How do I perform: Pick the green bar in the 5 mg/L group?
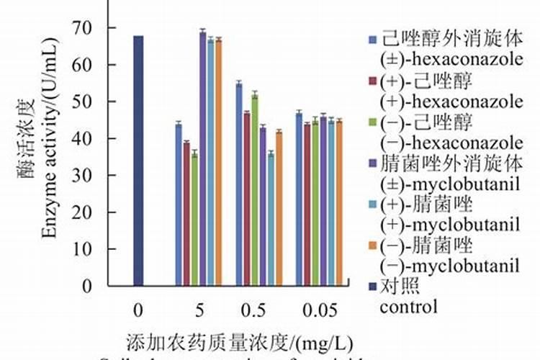tap(194, 220)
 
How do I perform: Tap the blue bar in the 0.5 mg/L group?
tap(239, 184)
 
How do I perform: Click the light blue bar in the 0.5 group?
tap(271, 220)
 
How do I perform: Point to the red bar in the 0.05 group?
tap(307, 205)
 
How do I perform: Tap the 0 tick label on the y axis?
tap(88, 286)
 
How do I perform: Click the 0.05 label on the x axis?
tap(320, 310)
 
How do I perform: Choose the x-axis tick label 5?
tap(199, 310)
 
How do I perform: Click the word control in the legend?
tap(408, 307)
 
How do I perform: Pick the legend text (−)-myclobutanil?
tap(451, 266)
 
